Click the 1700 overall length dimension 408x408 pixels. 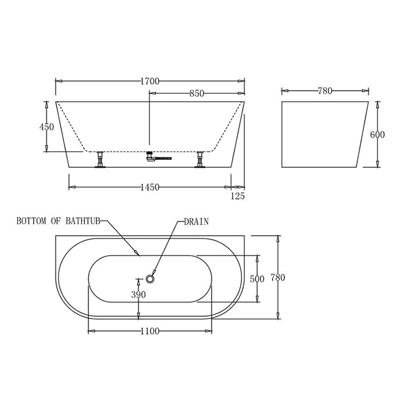pos(150,81)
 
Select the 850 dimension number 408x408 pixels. pos(197,93)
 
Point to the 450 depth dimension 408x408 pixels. pos(47,127)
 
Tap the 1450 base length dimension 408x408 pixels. pos(150,187)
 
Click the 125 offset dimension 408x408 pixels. pos(238,196)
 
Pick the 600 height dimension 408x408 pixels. pos(378,134)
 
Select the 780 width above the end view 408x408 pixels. pos(325,91)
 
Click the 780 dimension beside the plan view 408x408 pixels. pos(278,278)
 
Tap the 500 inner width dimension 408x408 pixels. pos(257,279)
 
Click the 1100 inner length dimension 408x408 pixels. pos(150,332)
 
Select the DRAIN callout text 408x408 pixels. pos(196,222)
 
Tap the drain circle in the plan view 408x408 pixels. pos(150,279)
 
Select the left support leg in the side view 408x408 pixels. pos(100,159)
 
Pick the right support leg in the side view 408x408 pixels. pos(199,159)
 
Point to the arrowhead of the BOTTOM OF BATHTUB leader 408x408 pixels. pos(138,254)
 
